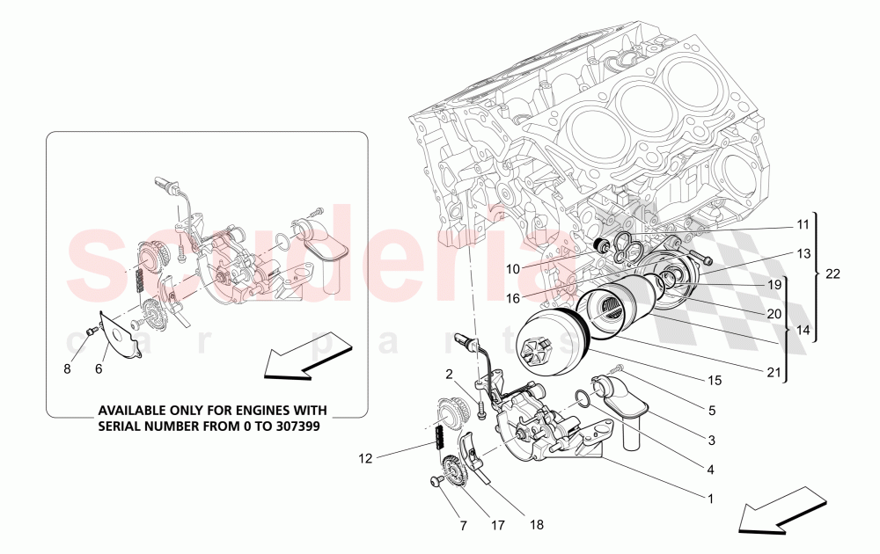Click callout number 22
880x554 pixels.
point(832,274)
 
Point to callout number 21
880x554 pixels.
point(774,372)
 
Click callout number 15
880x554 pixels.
point(715,381)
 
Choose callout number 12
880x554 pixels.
point(365,458)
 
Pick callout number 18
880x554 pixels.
point(537,524)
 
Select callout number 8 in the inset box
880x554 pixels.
point(67,369)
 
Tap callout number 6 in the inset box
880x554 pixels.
point(99,369)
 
